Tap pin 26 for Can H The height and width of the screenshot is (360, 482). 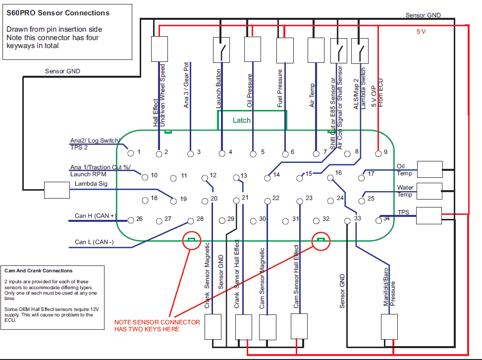pyautogui.click(x=131, y=219)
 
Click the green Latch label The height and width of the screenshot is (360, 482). pyautogui.click(x=242, y=120)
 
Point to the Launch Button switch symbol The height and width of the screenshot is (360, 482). pyautogui.click(x=222, y=50)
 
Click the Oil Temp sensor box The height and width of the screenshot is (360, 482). pyautogui.click(x=429, y=169)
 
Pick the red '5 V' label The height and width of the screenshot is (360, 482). pyautogui.click(x=421, y=31)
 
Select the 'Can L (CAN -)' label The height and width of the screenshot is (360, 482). pyautogui.click(x=94, y=242)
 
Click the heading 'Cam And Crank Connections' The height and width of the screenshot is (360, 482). pyautogui.click(x=39, y=271)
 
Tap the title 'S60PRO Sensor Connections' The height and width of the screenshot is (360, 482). pyautogui.click(x=58, y=13)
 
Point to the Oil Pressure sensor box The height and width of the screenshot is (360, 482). pyautogui.click(x=253, y=49)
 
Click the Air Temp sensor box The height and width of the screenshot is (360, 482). pyautogui.click(x=316, y=49)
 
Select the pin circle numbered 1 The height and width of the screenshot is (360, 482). pyautogui.click(x=131, y=152)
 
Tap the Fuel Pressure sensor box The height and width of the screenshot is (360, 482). pyautogui.click(x=285, y=49)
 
